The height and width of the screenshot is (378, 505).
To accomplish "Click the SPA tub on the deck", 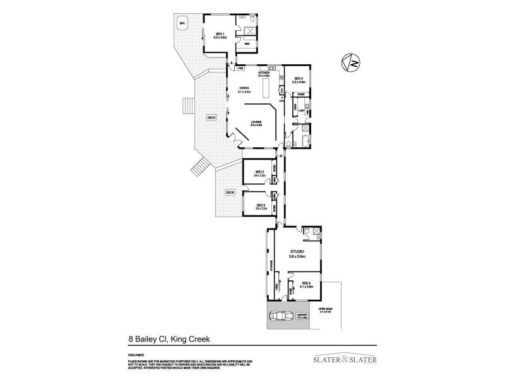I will tap(182, 24).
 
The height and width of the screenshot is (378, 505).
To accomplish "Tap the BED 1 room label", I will tap(219, 35).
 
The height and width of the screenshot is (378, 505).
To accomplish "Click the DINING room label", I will tap(244, 89).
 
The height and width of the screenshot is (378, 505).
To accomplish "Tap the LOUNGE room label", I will tap(256, 123).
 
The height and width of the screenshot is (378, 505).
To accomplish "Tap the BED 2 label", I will tap(259, 173).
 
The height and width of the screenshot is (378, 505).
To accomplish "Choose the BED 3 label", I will tap(260, 206).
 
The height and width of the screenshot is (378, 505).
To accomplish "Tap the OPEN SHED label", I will tap(325, 309).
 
